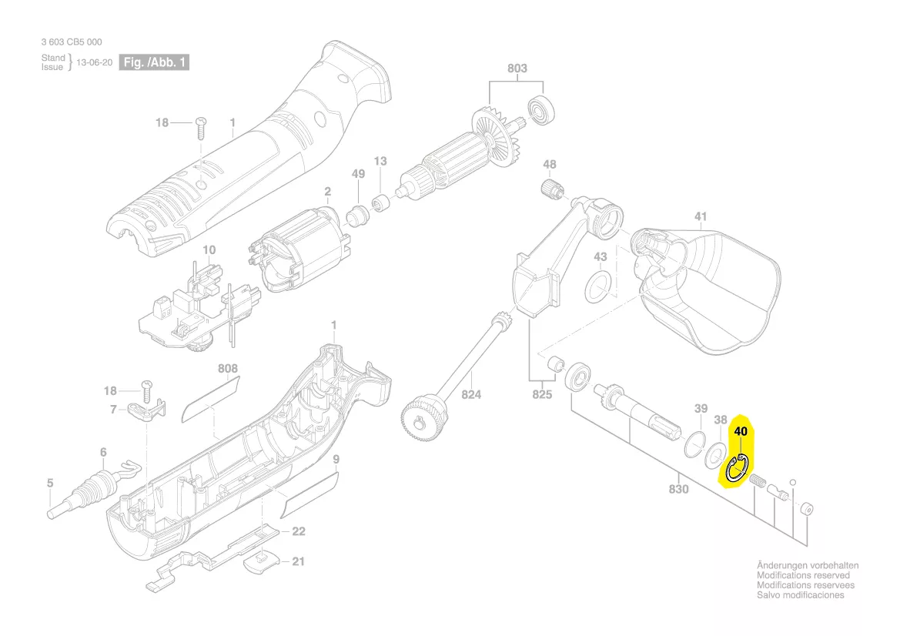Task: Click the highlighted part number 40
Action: tap(741, 432)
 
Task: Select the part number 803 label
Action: tap(517, 69)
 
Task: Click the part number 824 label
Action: tap(471, 395)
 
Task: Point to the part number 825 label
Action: tap(543, 395)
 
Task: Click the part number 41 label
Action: tap(700, 216)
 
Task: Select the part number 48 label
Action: tap(549, 164)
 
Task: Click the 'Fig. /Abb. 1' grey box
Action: tap(154, 62)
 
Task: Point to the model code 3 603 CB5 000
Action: tap(72, 42)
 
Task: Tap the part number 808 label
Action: tap(228, 368)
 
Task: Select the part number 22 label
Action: tap(298, 531)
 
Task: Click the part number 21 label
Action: tap(298, 561)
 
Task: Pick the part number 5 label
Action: tap(50, 484)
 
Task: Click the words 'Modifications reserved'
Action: tap(803, 575)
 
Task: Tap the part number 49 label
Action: tap(358, 174)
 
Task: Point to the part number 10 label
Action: tap(209, 250)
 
